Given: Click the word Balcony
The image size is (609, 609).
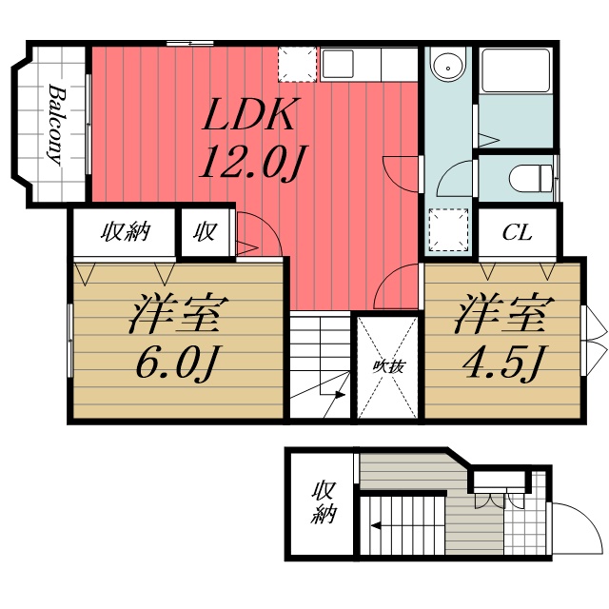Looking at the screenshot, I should pos(55,124).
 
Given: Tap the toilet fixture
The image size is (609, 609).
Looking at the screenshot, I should pos(529,176).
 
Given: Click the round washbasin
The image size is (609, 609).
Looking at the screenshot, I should pos(444,66).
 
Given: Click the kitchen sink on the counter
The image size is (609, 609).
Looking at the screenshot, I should pos(339,65).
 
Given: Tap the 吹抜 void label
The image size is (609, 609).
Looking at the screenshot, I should pos(385,364).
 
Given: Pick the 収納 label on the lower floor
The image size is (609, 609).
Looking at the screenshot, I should pos(324,504).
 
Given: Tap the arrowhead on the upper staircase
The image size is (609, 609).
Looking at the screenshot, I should pos(339,395).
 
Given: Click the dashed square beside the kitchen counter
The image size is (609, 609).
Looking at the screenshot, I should pos(296,65).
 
